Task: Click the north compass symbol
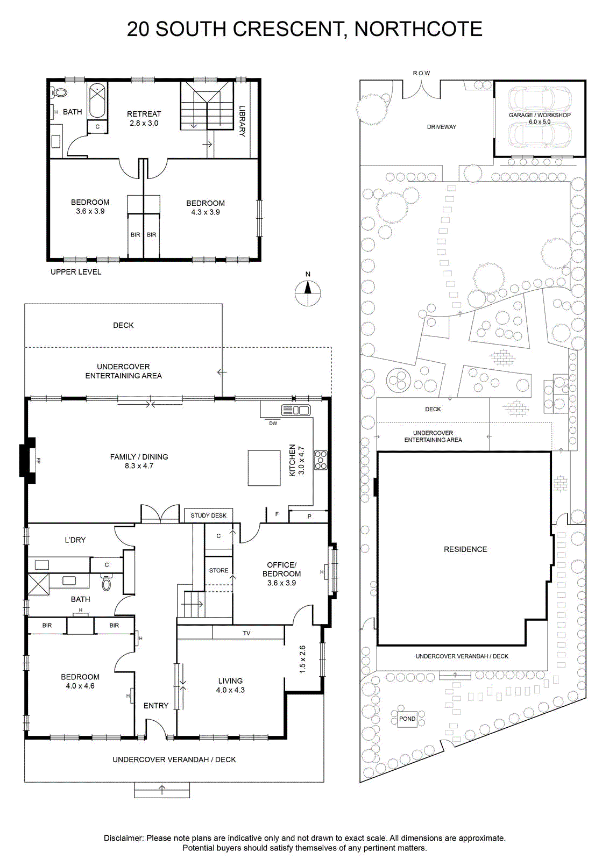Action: (308, 293)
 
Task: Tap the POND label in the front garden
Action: (407, 719)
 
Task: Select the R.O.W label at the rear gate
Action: (421, 73)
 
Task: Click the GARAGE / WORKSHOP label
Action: (540, 115)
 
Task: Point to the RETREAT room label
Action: (144, 114)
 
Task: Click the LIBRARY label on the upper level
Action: (242, 121)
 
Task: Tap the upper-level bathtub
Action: (97, 100)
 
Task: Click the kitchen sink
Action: (295, 411)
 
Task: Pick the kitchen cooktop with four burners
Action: (321, 460)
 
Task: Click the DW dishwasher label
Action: (273, 424)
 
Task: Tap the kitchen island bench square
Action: (264, 468)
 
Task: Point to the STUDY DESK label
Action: (209, 515)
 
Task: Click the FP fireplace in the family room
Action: (28, 461)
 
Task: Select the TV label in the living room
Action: (247, 633)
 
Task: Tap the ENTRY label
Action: (156, 706)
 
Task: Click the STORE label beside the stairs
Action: (218, 570)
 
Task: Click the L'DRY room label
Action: (75, 540)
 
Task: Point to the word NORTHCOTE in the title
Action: (418, 29)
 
